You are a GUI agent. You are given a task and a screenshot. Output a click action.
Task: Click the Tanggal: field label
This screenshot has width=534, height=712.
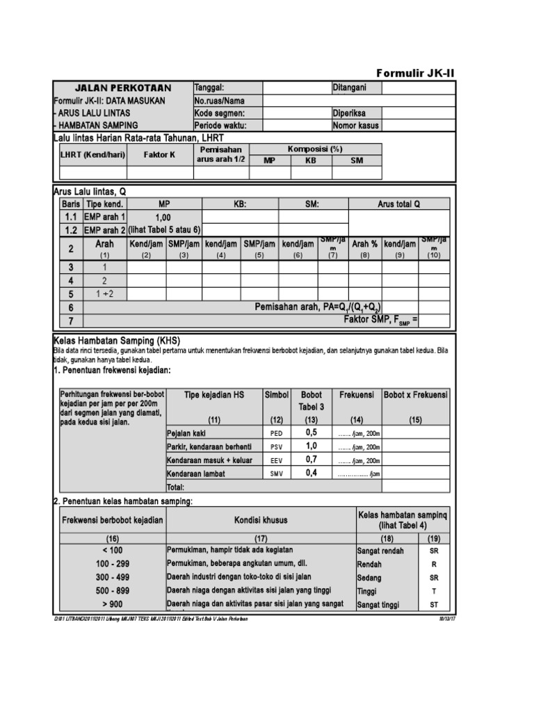(x=209, y=88)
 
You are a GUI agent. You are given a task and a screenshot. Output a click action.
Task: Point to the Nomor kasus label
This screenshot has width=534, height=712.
(x=356, y=126)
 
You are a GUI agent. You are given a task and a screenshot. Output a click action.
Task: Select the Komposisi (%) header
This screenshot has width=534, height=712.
(x=315, y=149)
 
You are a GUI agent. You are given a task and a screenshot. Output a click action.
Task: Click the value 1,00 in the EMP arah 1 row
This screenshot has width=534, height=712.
(x=164, y=218)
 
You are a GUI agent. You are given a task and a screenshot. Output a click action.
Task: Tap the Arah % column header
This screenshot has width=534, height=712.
(x=364, y=244)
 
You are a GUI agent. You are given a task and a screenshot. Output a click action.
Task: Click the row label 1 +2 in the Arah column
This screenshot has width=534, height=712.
(x=106, y=294)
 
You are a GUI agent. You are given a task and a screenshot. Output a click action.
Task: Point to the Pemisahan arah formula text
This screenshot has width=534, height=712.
(x=318, y=307)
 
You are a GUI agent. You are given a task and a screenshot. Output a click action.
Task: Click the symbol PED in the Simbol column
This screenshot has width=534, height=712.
(x=276, y=432)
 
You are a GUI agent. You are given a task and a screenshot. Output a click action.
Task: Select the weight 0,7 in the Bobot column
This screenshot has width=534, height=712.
(x=311, y=460)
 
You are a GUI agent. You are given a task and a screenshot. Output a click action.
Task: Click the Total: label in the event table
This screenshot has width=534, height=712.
(x=175, y=487)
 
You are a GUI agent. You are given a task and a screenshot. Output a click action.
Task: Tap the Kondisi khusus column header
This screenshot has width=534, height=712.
(x=261, y=520)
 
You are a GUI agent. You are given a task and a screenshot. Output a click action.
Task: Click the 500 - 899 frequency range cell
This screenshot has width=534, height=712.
(x=113, y=590)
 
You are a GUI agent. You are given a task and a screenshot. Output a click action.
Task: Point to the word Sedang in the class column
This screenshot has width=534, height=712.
(x=369, y=577)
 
